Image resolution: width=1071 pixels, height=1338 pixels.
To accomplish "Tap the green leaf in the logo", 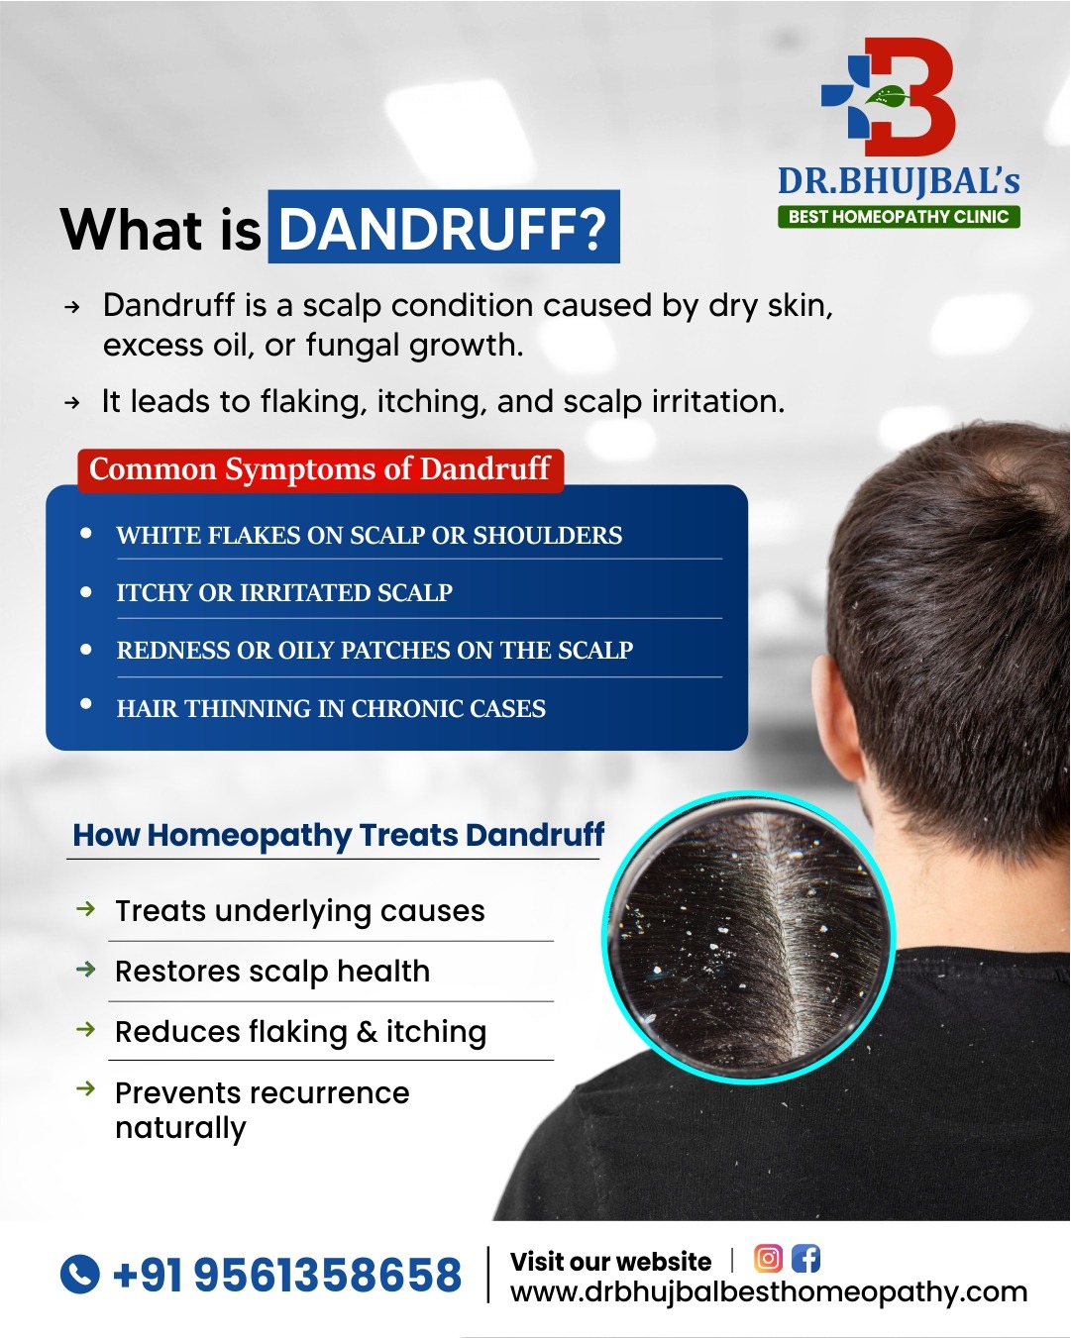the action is [x=888, y=95].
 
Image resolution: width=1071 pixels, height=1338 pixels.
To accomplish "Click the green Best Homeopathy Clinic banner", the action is [x=898, y=216].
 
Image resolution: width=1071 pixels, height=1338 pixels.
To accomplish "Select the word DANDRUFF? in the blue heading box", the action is [x=443, y=228].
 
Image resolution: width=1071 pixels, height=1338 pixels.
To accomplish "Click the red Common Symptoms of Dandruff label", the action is [x=320, y=469].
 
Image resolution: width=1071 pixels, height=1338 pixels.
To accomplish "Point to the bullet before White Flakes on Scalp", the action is [x=86, y=533].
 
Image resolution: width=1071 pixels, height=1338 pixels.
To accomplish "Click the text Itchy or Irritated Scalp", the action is [x=284, y=592].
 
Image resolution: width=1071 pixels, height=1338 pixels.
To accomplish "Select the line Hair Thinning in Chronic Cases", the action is [x=331, y=708].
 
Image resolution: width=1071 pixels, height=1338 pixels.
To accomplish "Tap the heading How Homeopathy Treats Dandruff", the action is [x=339, y=834].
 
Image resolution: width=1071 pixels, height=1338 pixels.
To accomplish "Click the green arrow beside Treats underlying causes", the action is [x=86, y=908].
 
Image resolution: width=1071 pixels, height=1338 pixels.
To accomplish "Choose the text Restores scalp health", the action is [x=272, y=972].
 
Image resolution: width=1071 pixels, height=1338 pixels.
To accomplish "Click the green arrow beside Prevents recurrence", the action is [x=86, y=1088].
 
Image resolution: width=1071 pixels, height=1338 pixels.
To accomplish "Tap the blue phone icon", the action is [x=79, y=1274].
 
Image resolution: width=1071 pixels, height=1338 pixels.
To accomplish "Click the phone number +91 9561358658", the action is [x=286, y=1275].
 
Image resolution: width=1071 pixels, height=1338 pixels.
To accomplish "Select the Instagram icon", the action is [x=768, y=1259].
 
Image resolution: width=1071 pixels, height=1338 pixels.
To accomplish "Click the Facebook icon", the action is [x=806, y=1259].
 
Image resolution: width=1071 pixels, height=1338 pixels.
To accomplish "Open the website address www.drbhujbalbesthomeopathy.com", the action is [x=768, y=1293].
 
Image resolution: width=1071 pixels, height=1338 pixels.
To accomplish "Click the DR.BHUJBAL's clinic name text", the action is [x=899, y=181].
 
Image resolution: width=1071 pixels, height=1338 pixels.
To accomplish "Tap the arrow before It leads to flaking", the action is [x=72, y=403].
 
